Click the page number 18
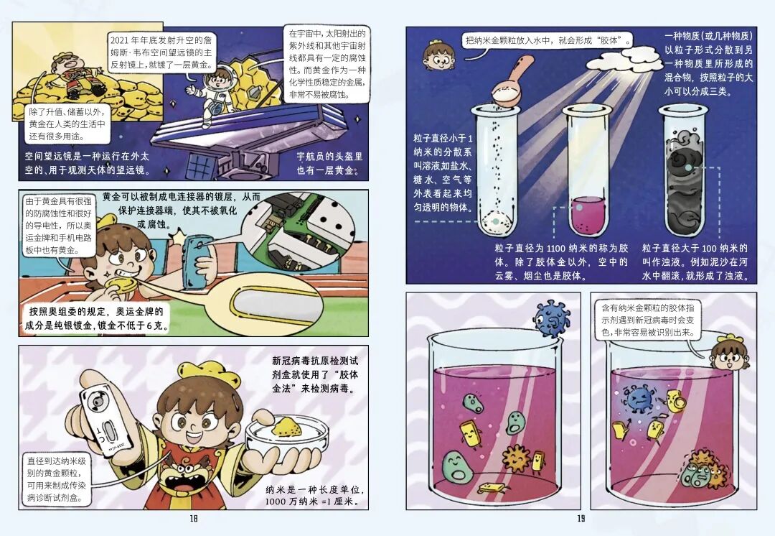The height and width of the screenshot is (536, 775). (x=194, y=518)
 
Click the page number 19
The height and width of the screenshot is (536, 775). (x=581, y=518)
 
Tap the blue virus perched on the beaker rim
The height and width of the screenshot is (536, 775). (x=552, y=318)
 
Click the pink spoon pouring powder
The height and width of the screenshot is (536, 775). (x=512, y=79)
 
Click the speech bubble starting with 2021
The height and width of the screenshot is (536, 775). (x=161, y=52)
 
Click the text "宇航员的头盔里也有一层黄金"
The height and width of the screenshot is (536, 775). (x=329, y=163)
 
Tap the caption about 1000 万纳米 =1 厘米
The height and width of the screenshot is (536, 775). (x=315, y=496)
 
